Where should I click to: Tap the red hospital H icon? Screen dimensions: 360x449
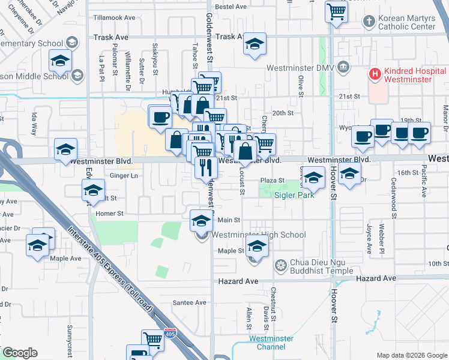pyautogui.click(x=375, y=74)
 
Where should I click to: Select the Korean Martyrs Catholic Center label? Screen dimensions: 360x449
pyautogui.click(x=406, y=22)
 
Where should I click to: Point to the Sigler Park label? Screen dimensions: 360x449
pyautogui.click(x=295, y=195)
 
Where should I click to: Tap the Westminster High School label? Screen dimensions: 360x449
pyautogui.click(x=259, y=235)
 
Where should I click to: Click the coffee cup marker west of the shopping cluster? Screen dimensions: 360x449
pyautogui.click(x=160, y=116)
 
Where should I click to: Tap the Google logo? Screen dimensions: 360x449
pyautogui.click(x=19, y=353)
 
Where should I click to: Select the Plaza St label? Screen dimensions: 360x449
pyautogui.click(x=271, y=181)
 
